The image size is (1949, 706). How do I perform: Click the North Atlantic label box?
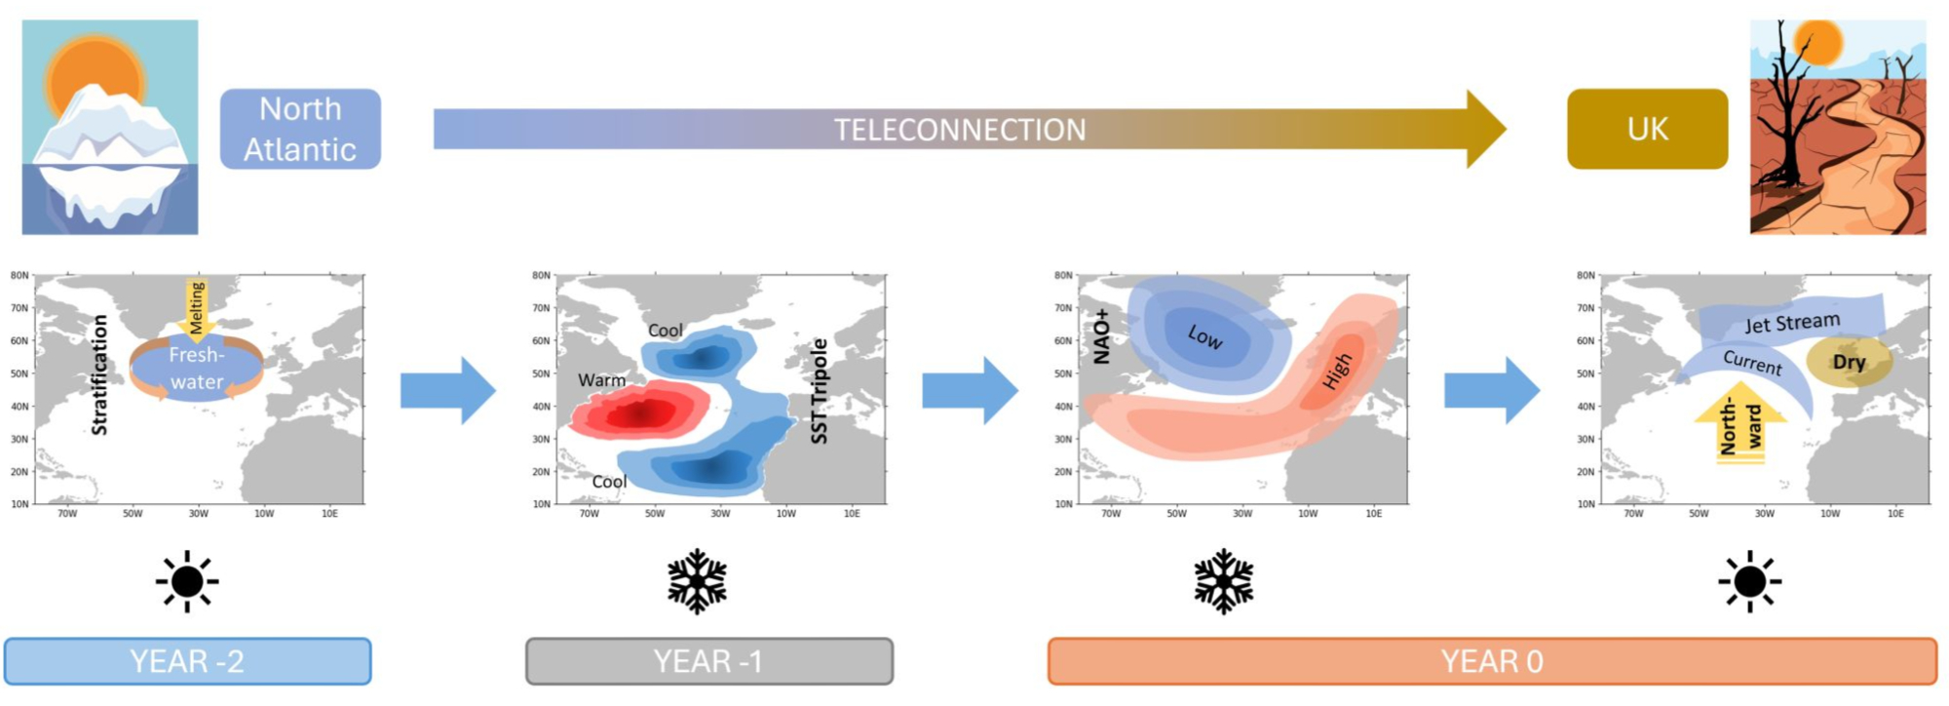coord(300,129)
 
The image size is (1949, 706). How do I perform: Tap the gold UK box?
coord(1647,129)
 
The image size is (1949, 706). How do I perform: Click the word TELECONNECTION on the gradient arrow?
coord(960,130)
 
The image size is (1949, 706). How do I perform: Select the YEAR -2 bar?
coord(188,661)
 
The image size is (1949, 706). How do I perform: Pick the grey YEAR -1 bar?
coord(709,661)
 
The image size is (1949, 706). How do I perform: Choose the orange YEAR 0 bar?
coord(1492,661)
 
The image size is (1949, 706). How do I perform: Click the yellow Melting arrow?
coord(197,308)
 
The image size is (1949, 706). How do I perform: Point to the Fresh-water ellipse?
coord(197,368)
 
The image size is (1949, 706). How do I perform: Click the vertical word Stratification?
coord(98,374)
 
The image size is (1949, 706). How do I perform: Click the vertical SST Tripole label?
coord(819,391)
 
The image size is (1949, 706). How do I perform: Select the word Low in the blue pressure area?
coord(1205,336)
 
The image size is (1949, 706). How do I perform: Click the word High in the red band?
coord(1338,371)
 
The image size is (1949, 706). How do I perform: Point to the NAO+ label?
coord(1101,336)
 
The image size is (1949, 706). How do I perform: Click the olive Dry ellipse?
coord(1849,362)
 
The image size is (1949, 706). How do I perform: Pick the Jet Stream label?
coord(1792,323)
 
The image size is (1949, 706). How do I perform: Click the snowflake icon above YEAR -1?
coord(698,581)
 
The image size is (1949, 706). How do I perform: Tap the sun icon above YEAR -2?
coord(187,581)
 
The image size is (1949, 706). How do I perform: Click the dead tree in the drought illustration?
coord(1785,107)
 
